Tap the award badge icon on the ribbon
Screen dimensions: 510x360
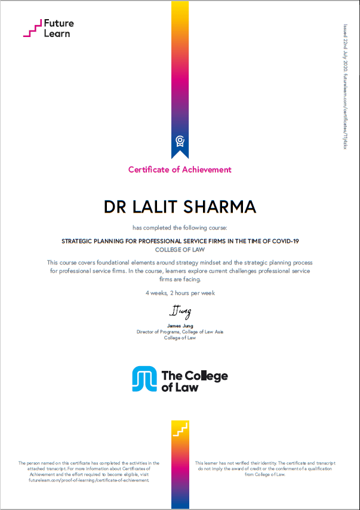tap(180, 141)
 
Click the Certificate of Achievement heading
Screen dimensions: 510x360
tap(180, 170)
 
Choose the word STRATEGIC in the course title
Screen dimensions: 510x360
tap(79, 241)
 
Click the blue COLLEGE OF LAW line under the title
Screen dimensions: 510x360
tap(180, 250)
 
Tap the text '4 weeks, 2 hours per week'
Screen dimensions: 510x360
tap(180, 293)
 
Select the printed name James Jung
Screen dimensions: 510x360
tap(180, 325)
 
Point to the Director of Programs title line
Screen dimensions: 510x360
tap(180, 331)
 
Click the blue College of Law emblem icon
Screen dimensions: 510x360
tap(144, 379)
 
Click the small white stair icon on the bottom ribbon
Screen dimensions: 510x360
tap(180, 428)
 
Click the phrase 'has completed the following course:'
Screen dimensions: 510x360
tap(180, 228)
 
